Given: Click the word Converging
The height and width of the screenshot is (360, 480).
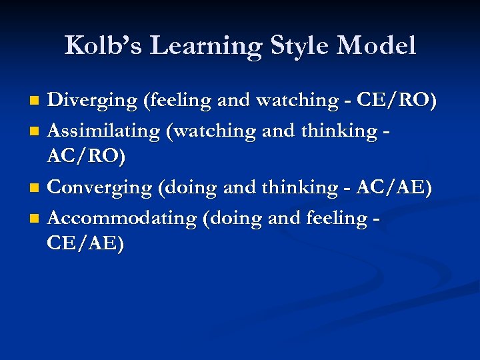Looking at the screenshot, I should (x=101, y=188).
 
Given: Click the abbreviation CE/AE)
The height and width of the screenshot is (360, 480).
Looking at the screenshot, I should (x=85, y=243).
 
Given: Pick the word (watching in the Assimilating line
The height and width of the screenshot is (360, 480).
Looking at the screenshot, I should (x=209, y=131).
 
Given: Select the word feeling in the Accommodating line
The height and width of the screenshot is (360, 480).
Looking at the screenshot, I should (x=335, y=218).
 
